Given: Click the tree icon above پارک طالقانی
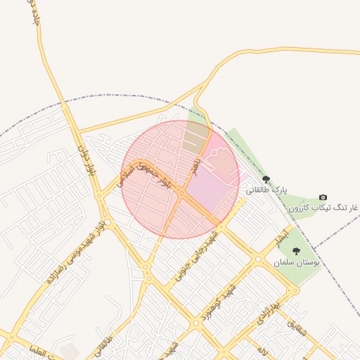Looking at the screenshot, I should click(x=266, y=180).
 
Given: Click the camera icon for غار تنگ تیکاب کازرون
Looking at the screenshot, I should click(x=323, y=198).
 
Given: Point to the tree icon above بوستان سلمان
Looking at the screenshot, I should click(x=296, y=251).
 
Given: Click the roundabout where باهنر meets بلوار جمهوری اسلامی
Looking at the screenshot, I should click(x=181, y=192).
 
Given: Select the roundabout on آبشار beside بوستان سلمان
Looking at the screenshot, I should click(x=258, y=259).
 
